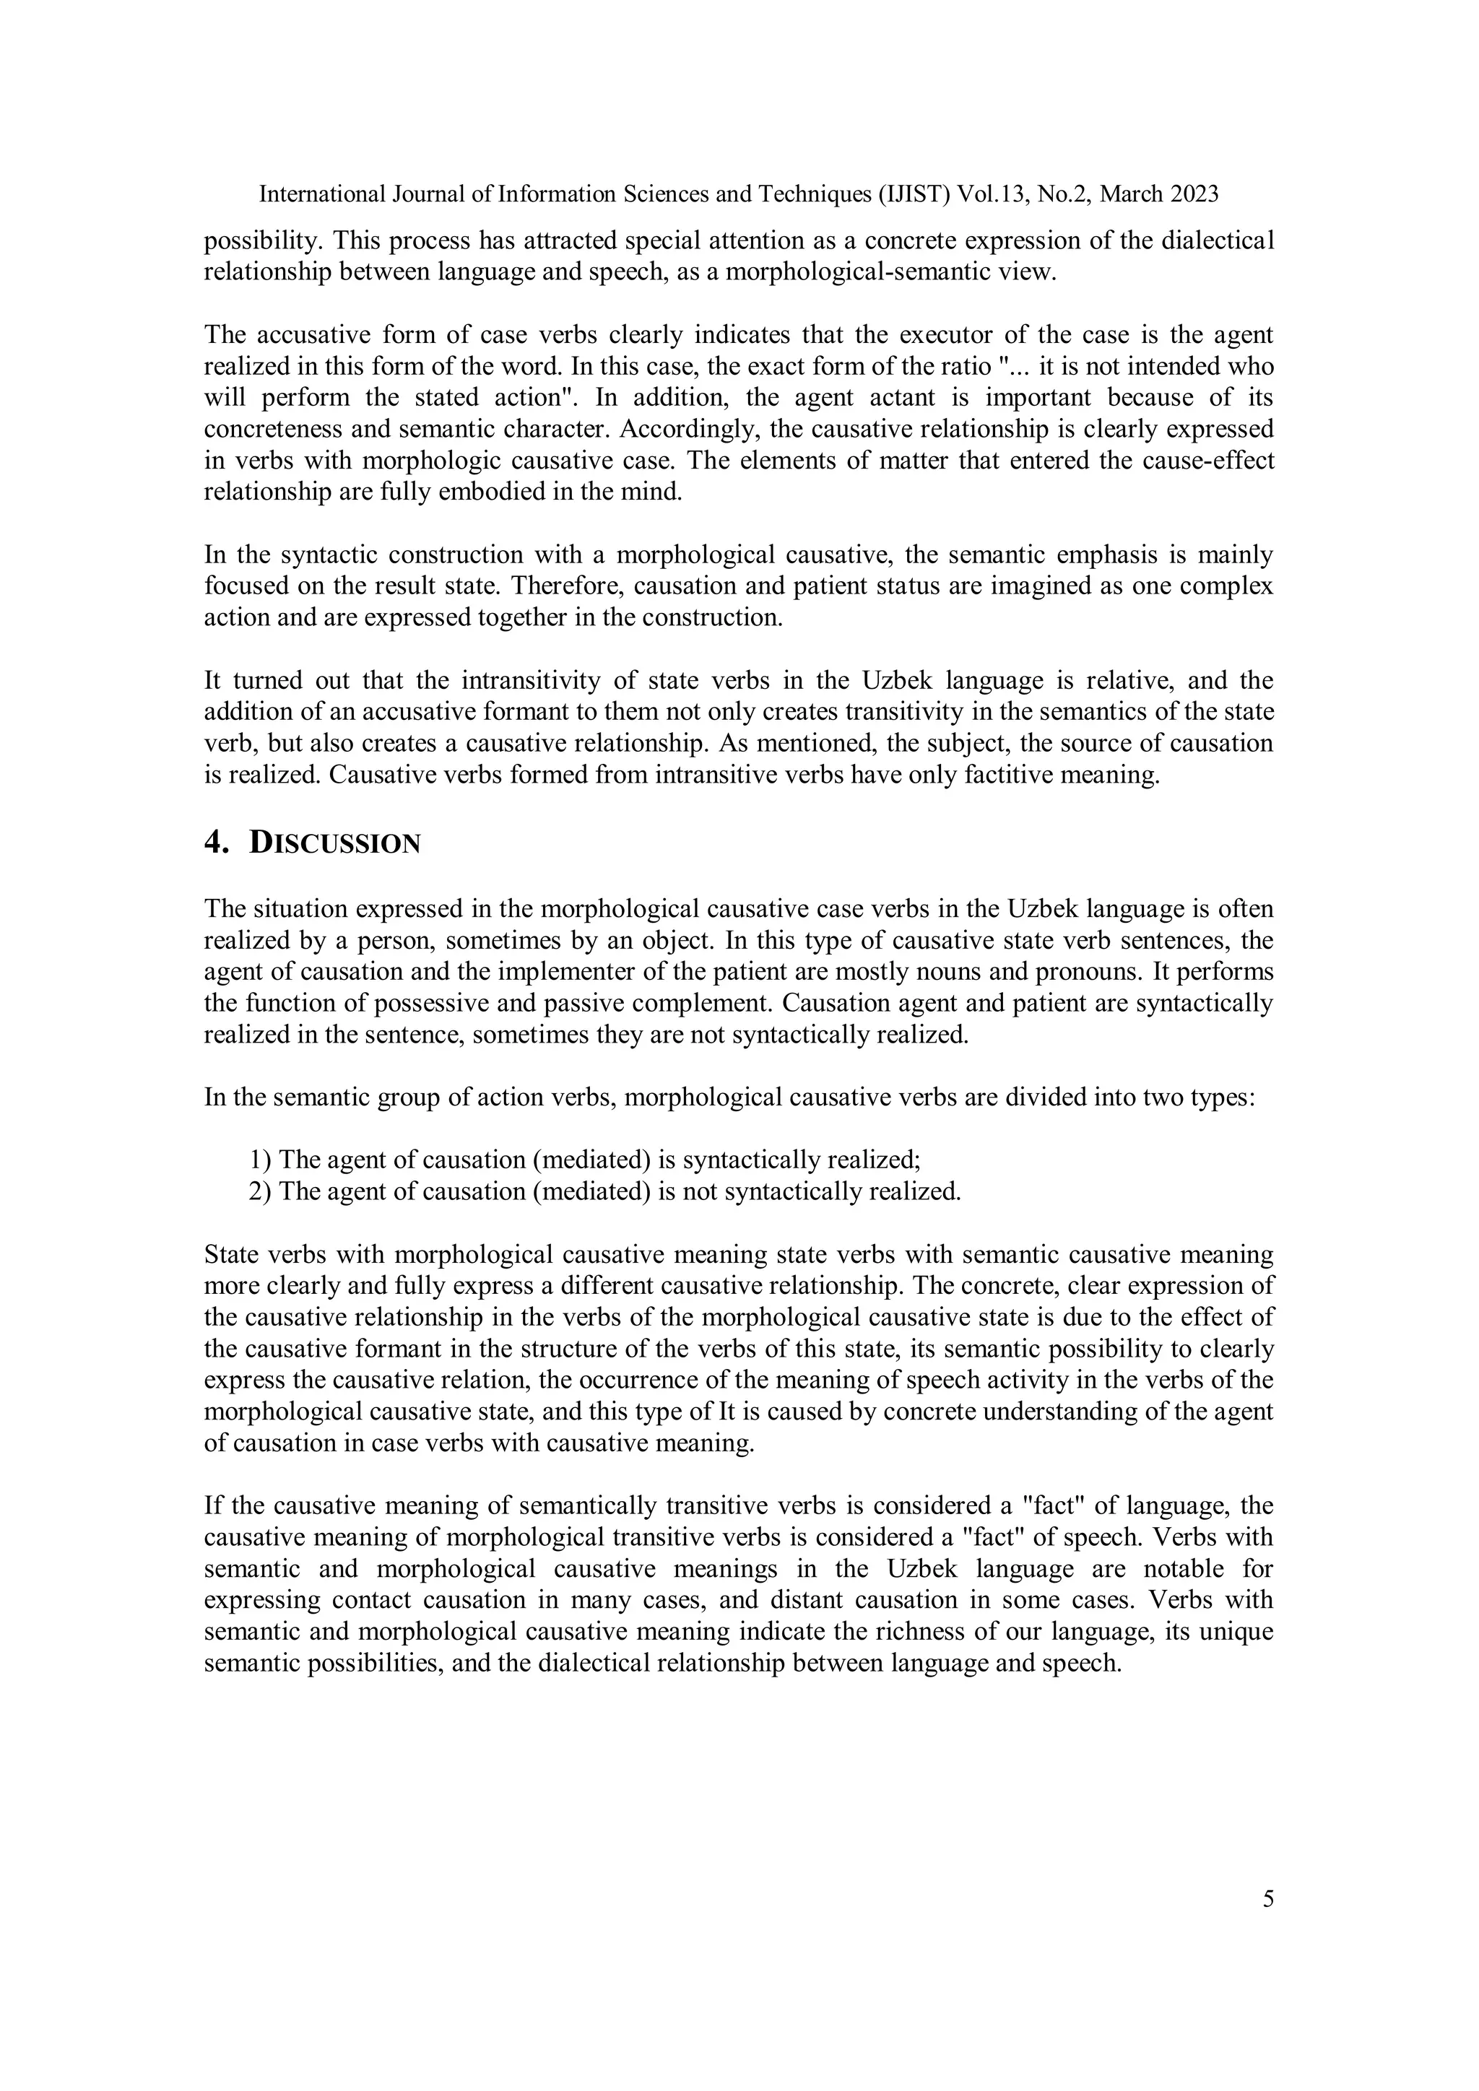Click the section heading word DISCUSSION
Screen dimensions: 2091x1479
(334, 843)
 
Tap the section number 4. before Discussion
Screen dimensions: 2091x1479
(216, 843)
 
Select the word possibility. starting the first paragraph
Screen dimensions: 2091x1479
(264, 241)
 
